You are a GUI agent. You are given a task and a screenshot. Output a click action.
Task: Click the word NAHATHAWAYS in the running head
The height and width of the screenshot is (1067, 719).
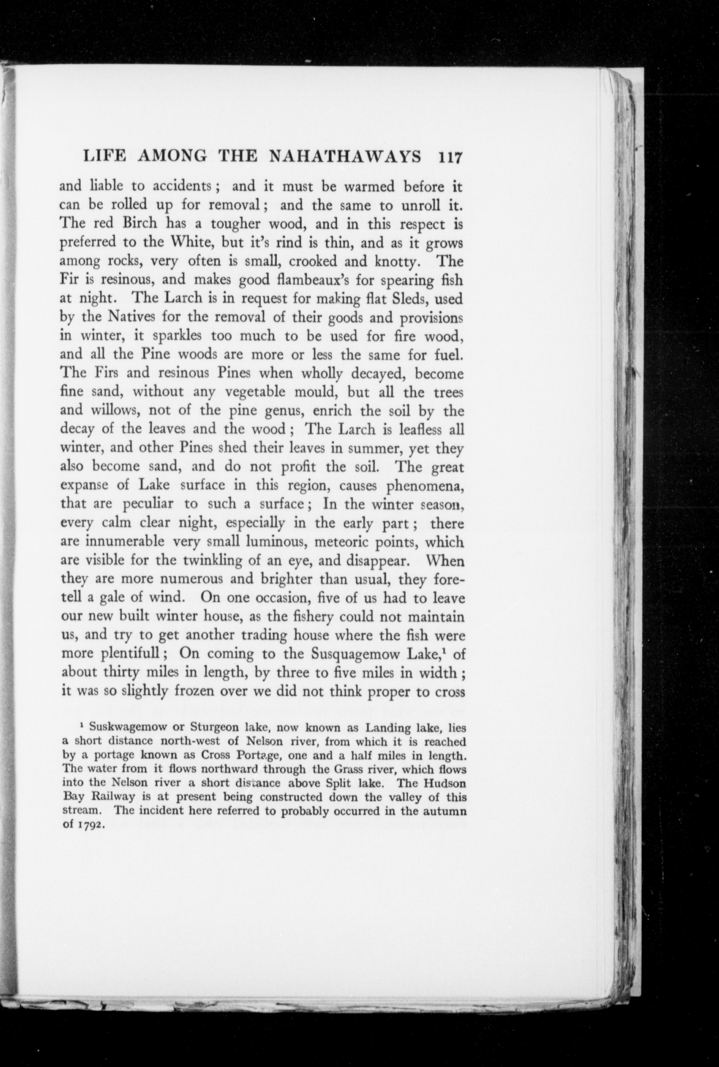[x=344, y=157]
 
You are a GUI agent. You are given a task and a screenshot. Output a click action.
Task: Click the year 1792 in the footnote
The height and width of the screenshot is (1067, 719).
[x=93, y=826]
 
